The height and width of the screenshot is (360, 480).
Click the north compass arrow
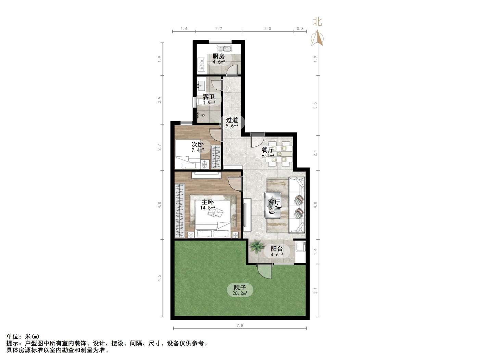coord(317,38)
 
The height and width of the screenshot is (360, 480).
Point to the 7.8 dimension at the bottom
coord(240,325)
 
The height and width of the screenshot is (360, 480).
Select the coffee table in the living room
coord(273,205)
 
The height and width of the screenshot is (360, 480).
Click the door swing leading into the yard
coord(265,272)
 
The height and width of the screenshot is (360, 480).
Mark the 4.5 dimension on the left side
coord(159,278)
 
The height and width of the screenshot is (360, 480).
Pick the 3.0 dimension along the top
coord(268,29)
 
